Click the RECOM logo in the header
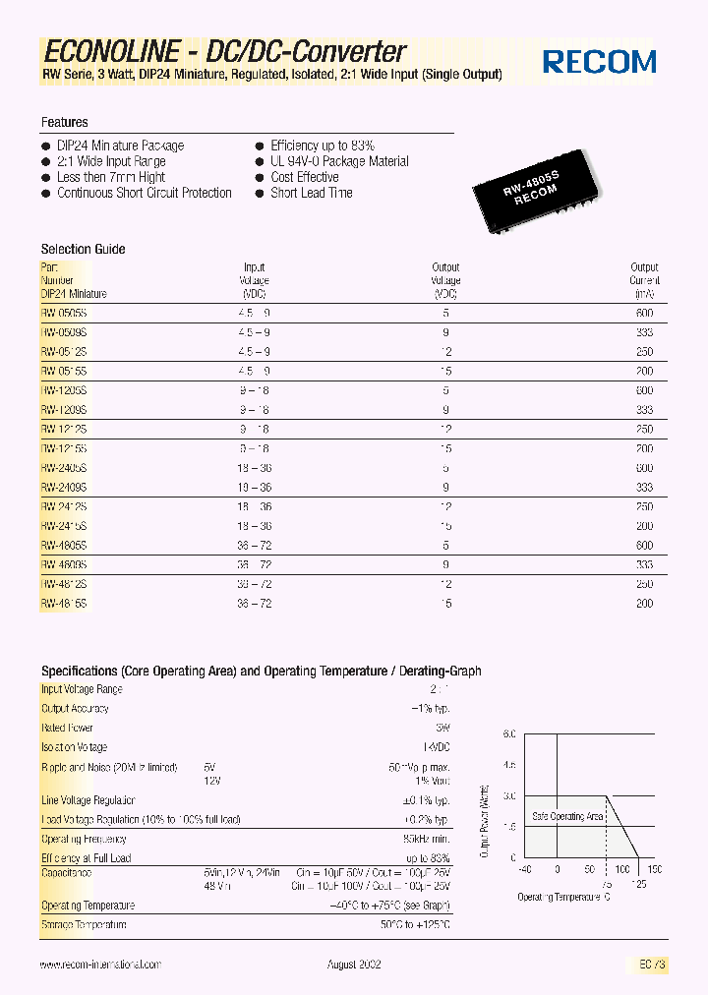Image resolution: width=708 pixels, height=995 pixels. pos(600,62)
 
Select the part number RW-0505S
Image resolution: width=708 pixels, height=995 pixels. pos(64,313)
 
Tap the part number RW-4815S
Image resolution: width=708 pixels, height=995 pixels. pos(64,603)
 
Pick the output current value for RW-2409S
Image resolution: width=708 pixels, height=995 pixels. pos(643,487)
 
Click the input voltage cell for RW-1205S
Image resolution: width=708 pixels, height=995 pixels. pos(255,390)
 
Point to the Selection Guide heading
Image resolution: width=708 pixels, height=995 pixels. pos(83,250)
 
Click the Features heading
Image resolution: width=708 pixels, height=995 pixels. pos(64,123)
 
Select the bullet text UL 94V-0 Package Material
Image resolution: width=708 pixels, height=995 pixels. pos(339,161)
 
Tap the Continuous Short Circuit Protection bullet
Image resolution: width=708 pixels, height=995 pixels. pos(144,193)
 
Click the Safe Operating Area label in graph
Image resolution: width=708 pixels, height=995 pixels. pos(567,817)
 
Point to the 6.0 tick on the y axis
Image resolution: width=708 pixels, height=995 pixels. pos(508,734)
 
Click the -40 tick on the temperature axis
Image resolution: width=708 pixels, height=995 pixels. pos(525,870)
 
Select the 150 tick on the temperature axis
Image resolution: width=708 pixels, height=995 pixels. pos(655,870)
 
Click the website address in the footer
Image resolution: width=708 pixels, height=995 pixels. pos(100,966)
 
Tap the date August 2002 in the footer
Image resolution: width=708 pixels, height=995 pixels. pos(354,966)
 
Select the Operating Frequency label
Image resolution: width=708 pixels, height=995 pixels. pos(84,839)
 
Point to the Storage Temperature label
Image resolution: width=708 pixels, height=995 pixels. pos(84,925)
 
